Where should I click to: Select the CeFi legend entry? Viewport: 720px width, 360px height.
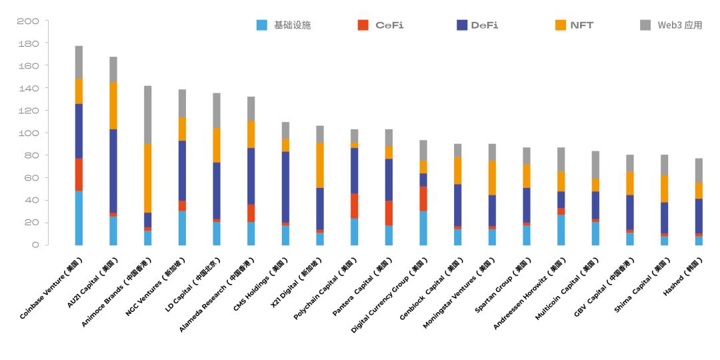pyautogui.click(x=381, y=25)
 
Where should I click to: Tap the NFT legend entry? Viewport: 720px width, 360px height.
pyautogui.click(x=573, y=25)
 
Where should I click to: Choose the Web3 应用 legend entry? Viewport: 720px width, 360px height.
pyautogui.click(x=671, y=25)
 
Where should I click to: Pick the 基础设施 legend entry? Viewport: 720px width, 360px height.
pyautogui.click(x=284, y=25)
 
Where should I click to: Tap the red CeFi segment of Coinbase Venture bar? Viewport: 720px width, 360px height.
pyautogui.click(x=79, y=175)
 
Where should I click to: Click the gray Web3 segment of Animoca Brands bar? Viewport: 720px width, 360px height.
pyautogui.click(x=148, y=115)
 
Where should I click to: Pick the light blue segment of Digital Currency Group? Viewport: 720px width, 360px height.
pyautogui.click(x=423, y=228)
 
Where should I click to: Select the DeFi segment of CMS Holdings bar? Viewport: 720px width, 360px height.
pyautogui.click(x=285, y=187)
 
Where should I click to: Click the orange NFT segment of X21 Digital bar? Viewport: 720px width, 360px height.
pyautogui.click(x=320, y=165)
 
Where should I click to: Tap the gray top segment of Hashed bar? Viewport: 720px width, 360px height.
pyautogui.click(x=699, y=170)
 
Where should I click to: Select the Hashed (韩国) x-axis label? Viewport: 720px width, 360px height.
pyautogui.click(x=681, y=276)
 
